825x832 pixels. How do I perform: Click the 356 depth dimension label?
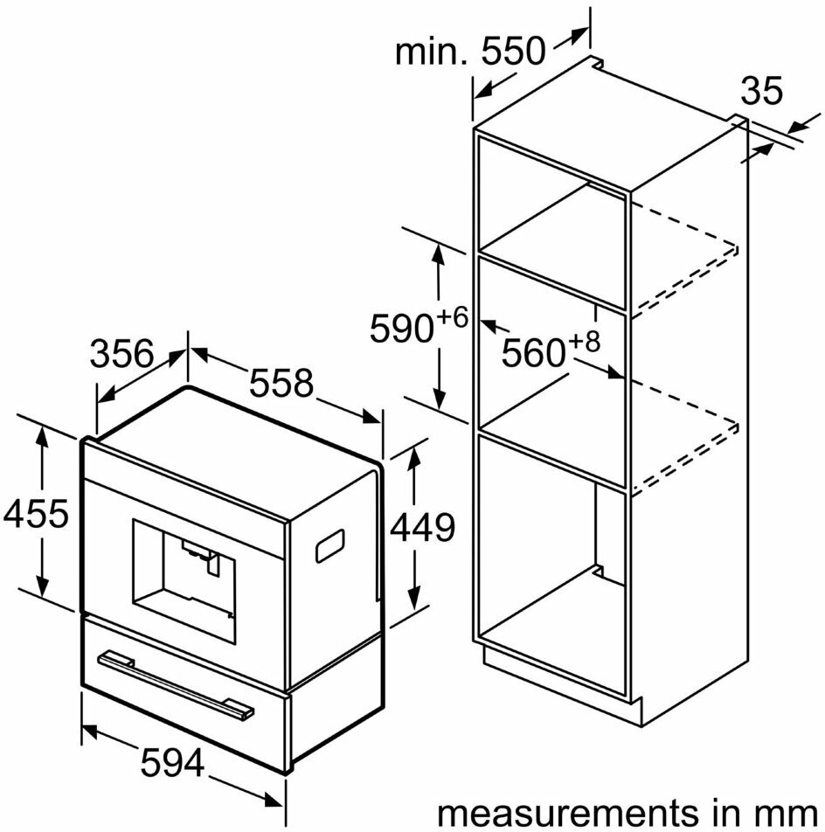click(x=122, y=354)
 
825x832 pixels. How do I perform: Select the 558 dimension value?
click(x=281, y=383)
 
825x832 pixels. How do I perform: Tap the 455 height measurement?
click(x=36, y=513)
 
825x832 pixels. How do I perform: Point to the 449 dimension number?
click(x=423, y=528)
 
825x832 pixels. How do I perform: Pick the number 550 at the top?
click(x=513, y=51)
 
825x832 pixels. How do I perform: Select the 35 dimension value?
click(x=761, y=90)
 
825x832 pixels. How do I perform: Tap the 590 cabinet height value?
click(x=402, y=329)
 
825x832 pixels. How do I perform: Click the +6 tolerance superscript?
click(x=453, y=318)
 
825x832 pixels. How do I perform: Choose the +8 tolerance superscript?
click(x=584, y=342)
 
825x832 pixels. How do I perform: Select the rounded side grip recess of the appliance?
click(x=330, y=546)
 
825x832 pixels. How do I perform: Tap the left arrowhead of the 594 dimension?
click(x=89, y=731)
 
